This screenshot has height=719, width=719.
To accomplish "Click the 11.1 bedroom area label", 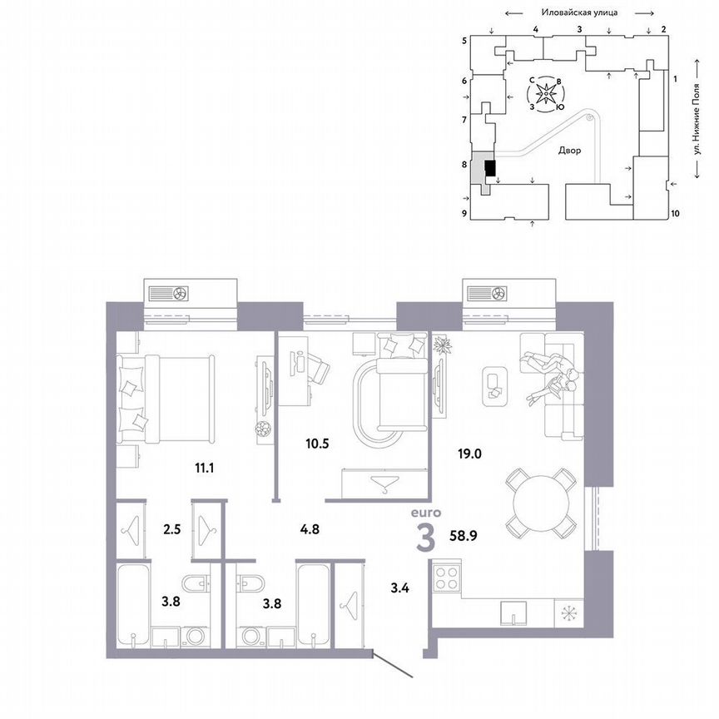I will click(x=204, y=468).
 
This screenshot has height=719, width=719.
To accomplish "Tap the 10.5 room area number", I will click(x=316, y=443).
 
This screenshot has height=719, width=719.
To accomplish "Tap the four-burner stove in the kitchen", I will click(x=450, y=576).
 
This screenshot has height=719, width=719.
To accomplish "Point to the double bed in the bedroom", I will click(x=166, y=399).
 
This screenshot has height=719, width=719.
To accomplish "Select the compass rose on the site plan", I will click(x=547, y=94).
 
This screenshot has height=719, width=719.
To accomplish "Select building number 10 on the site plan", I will click(x=675, y=213).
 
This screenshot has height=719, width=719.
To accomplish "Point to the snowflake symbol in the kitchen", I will click(x=570, y=614).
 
